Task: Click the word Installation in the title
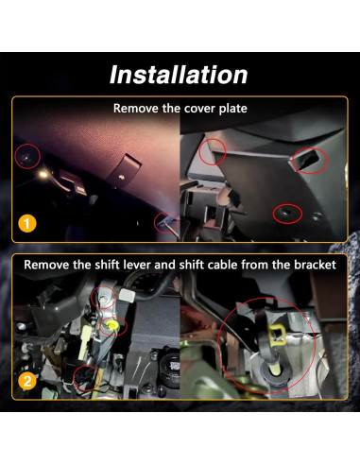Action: click(180, 74)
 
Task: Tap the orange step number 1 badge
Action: click(28, 224)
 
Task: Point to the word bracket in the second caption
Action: click(311, 265)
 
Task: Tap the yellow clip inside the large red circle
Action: click(276, 333)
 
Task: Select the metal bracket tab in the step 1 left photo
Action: click(122, 172)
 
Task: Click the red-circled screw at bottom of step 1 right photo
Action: click(283, 214)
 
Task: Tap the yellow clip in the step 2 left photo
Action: click(113, 328)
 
